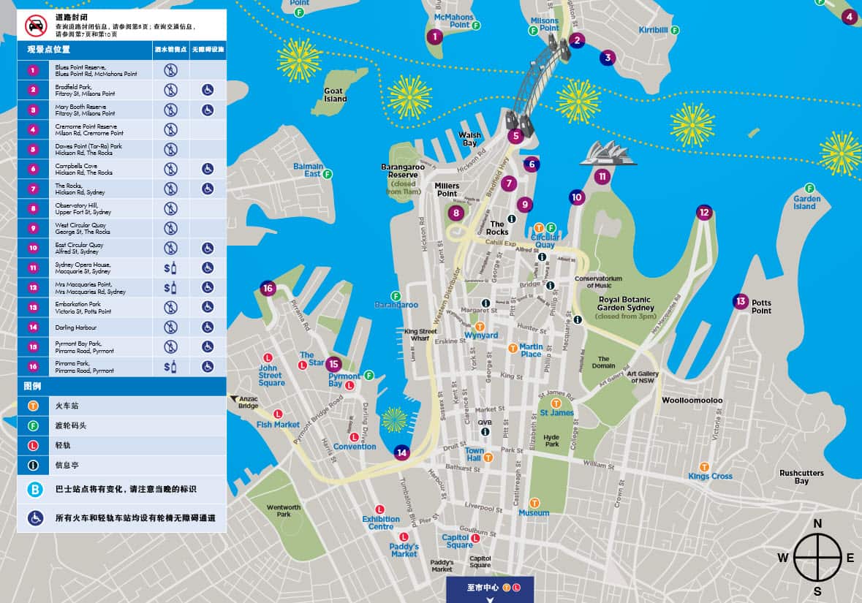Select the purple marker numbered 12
tap(704, 213)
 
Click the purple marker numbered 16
tap(268, 289)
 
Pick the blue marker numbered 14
tap(401, 452)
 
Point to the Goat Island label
tap(335, 95)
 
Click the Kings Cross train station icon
tap(705, 466)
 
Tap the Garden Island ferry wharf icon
tap(809, 188)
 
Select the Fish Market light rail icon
tap(278, 414)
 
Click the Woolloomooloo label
tap(692, 401)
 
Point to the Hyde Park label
tap(552, 441)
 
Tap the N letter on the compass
tap(817, 523)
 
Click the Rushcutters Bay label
tap(801, 477)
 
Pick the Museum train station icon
tap(534, 503)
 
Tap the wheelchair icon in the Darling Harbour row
tap(208, 327)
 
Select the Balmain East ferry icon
tap(328, 174)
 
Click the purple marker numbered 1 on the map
tap(435, 37)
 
